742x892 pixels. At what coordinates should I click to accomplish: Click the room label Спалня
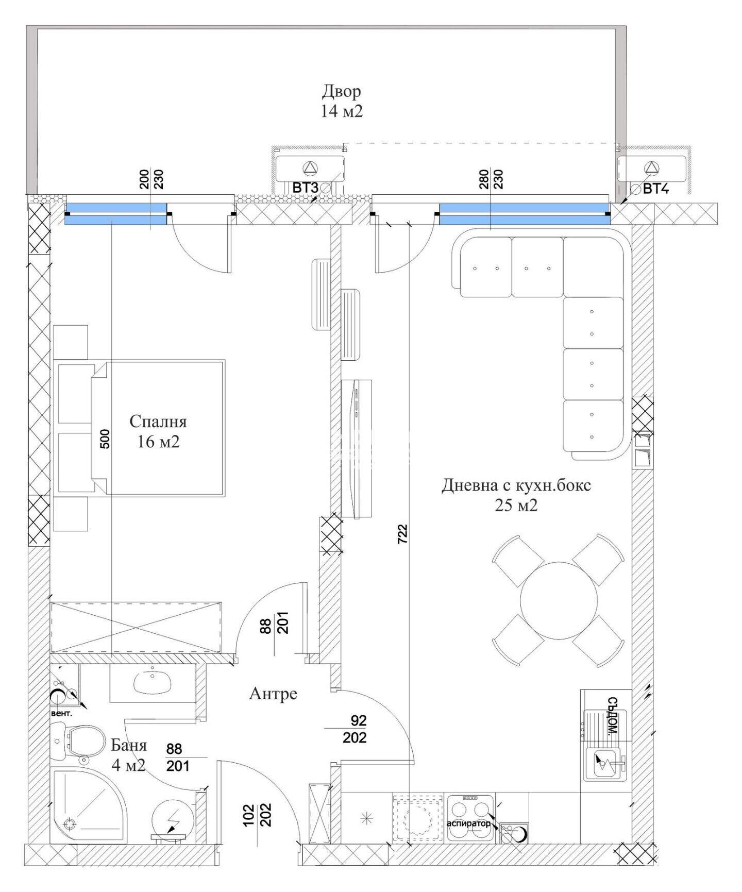click(x=158, y=422)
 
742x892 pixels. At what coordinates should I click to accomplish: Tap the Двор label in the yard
click(x=342, y=91)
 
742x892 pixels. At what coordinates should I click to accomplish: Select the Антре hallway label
click(x=273, y=694)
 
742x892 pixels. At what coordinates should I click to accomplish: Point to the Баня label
click(x=129, y=745)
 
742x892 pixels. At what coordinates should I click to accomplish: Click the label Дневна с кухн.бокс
click(x=516, y=485)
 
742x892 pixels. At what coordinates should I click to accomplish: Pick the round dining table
click(x=559, y=600)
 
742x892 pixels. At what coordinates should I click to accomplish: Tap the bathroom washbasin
click(x=153, y=683)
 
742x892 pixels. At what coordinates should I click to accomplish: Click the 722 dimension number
click(x=403, y=534)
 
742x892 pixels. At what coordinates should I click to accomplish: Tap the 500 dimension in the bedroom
click(x=105, y=439)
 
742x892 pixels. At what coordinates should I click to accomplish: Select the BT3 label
click(x=305, y=188)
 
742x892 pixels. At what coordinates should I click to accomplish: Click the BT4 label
click(x=655, y=189)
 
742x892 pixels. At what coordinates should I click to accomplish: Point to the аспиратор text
click(x=468, y=823)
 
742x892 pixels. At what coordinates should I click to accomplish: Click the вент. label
click(x=61, y=714)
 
